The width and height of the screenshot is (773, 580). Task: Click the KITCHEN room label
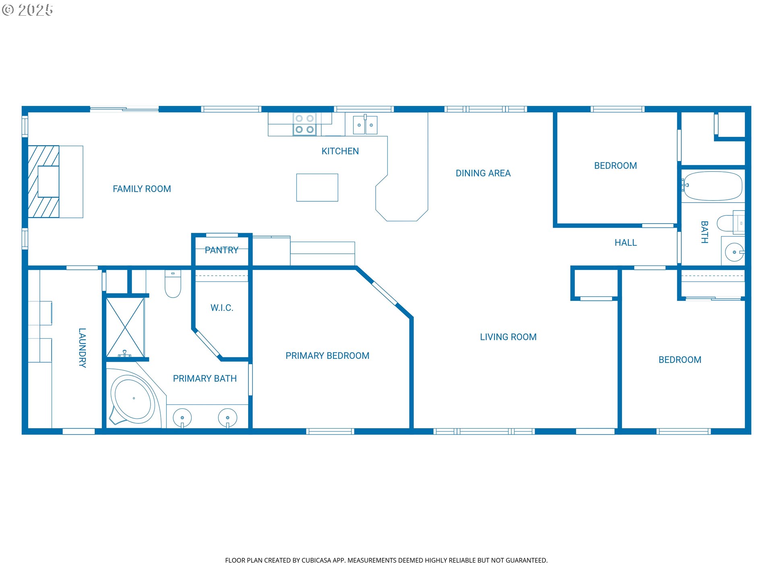340,151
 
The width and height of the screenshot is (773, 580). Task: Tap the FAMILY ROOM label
142,189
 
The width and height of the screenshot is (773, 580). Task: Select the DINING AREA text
483,173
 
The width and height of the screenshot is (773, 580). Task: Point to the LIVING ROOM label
508,337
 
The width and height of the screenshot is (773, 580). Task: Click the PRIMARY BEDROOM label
327,356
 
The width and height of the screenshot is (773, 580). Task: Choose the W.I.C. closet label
222,308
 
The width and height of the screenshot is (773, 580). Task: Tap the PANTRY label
221,250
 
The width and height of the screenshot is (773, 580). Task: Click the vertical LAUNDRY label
82,348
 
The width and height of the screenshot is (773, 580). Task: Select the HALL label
626,242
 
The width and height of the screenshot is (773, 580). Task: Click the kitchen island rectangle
317,187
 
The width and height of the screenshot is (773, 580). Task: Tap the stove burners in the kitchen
304,124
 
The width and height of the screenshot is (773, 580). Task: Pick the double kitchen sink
365,124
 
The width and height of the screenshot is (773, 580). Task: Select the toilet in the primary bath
173,284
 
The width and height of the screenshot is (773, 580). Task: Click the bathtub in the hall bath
713,186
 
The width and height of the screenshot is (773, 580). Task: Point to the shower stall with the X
125,327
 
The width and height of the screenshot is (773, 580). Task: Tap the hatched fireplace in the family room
43,182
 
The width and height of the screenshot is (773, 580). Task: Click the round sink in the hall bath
734,253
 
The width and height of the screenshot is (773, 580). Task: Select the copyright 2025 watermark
28,10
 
